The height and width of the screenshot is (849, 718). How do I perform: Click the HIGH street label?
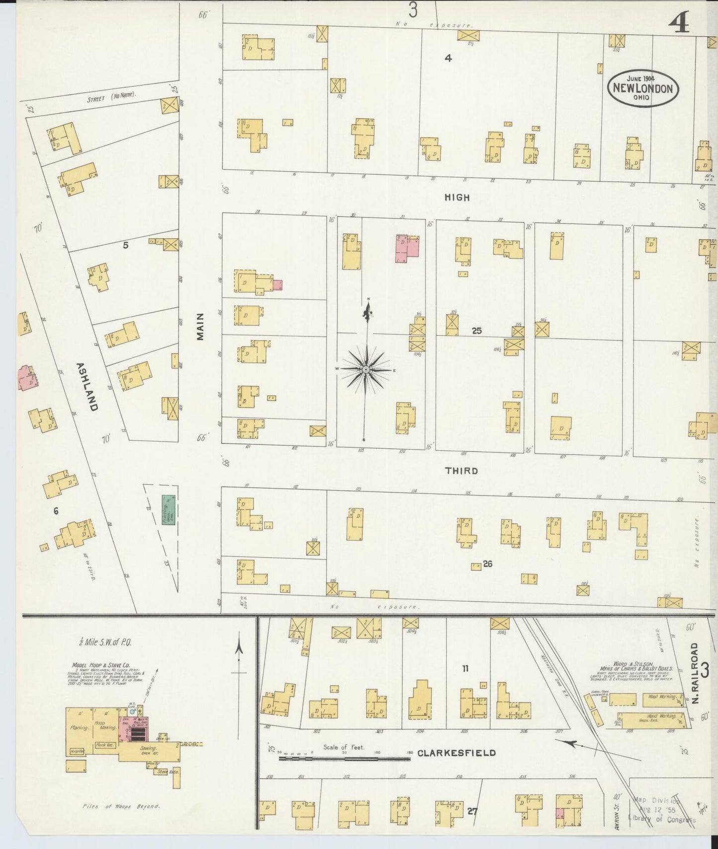point(457,198)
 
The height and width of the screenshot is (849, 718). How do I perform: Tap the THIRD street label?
point(462,471)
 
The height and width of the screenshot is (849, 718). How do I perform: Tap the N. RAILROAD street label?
point(695,673)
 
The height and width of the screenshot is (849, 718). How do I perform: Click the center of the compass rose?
point(366,369)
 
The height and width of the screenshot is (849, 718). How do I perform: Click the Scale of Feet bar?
point(344,759)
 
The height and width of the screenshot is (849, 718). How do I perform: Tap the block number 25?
point(477,331)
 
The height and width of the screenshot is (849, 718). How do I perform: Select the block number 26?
point(487,564)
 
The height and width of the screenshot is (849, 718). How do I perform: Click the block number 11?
point(465,669)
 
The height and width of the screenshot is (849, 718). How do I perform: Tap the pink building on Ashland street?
point(26,378)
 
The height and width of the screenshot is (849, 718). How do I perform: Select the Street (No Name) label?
point(111,96)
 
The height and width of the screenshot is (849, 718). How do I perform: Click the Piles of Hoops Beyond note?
point(121,806)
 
